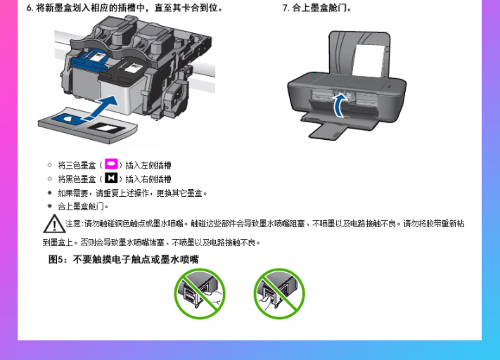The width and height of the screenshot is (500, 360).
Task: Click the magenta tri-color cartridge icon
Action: pos(111,164)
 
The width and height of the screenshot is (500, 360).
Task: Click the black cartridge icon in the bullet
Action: pos(111,178)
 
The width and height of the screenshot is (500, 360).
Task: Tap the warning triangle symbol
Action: pos(54,224)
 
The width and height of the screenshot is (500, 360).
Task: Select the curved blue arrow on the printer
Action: pos(340,105)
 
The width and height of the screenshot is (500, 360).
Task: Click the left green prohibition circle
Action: pos(200,293)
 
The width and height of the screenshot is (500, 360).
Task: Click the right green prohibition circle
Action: pos(279,293)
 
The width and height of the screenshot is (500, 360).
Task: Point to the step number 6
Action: pos(30,8)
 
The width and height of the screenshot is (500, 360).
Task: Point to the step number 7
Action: pos(286,8)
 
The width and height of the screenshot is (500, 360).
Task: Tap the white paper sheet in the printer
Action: pos(368,61)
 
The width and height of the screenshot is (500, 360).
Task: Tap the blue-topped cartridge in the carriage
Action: pos(89,60)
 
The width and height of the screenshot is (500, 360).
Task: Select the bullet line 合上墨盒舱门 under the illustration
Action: pos(83,207)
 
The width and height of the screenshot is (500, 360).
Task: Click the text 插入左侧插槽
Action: pos(148,165)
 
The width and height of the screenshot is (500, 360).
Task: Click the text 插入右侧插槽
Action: pos(148,179)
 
